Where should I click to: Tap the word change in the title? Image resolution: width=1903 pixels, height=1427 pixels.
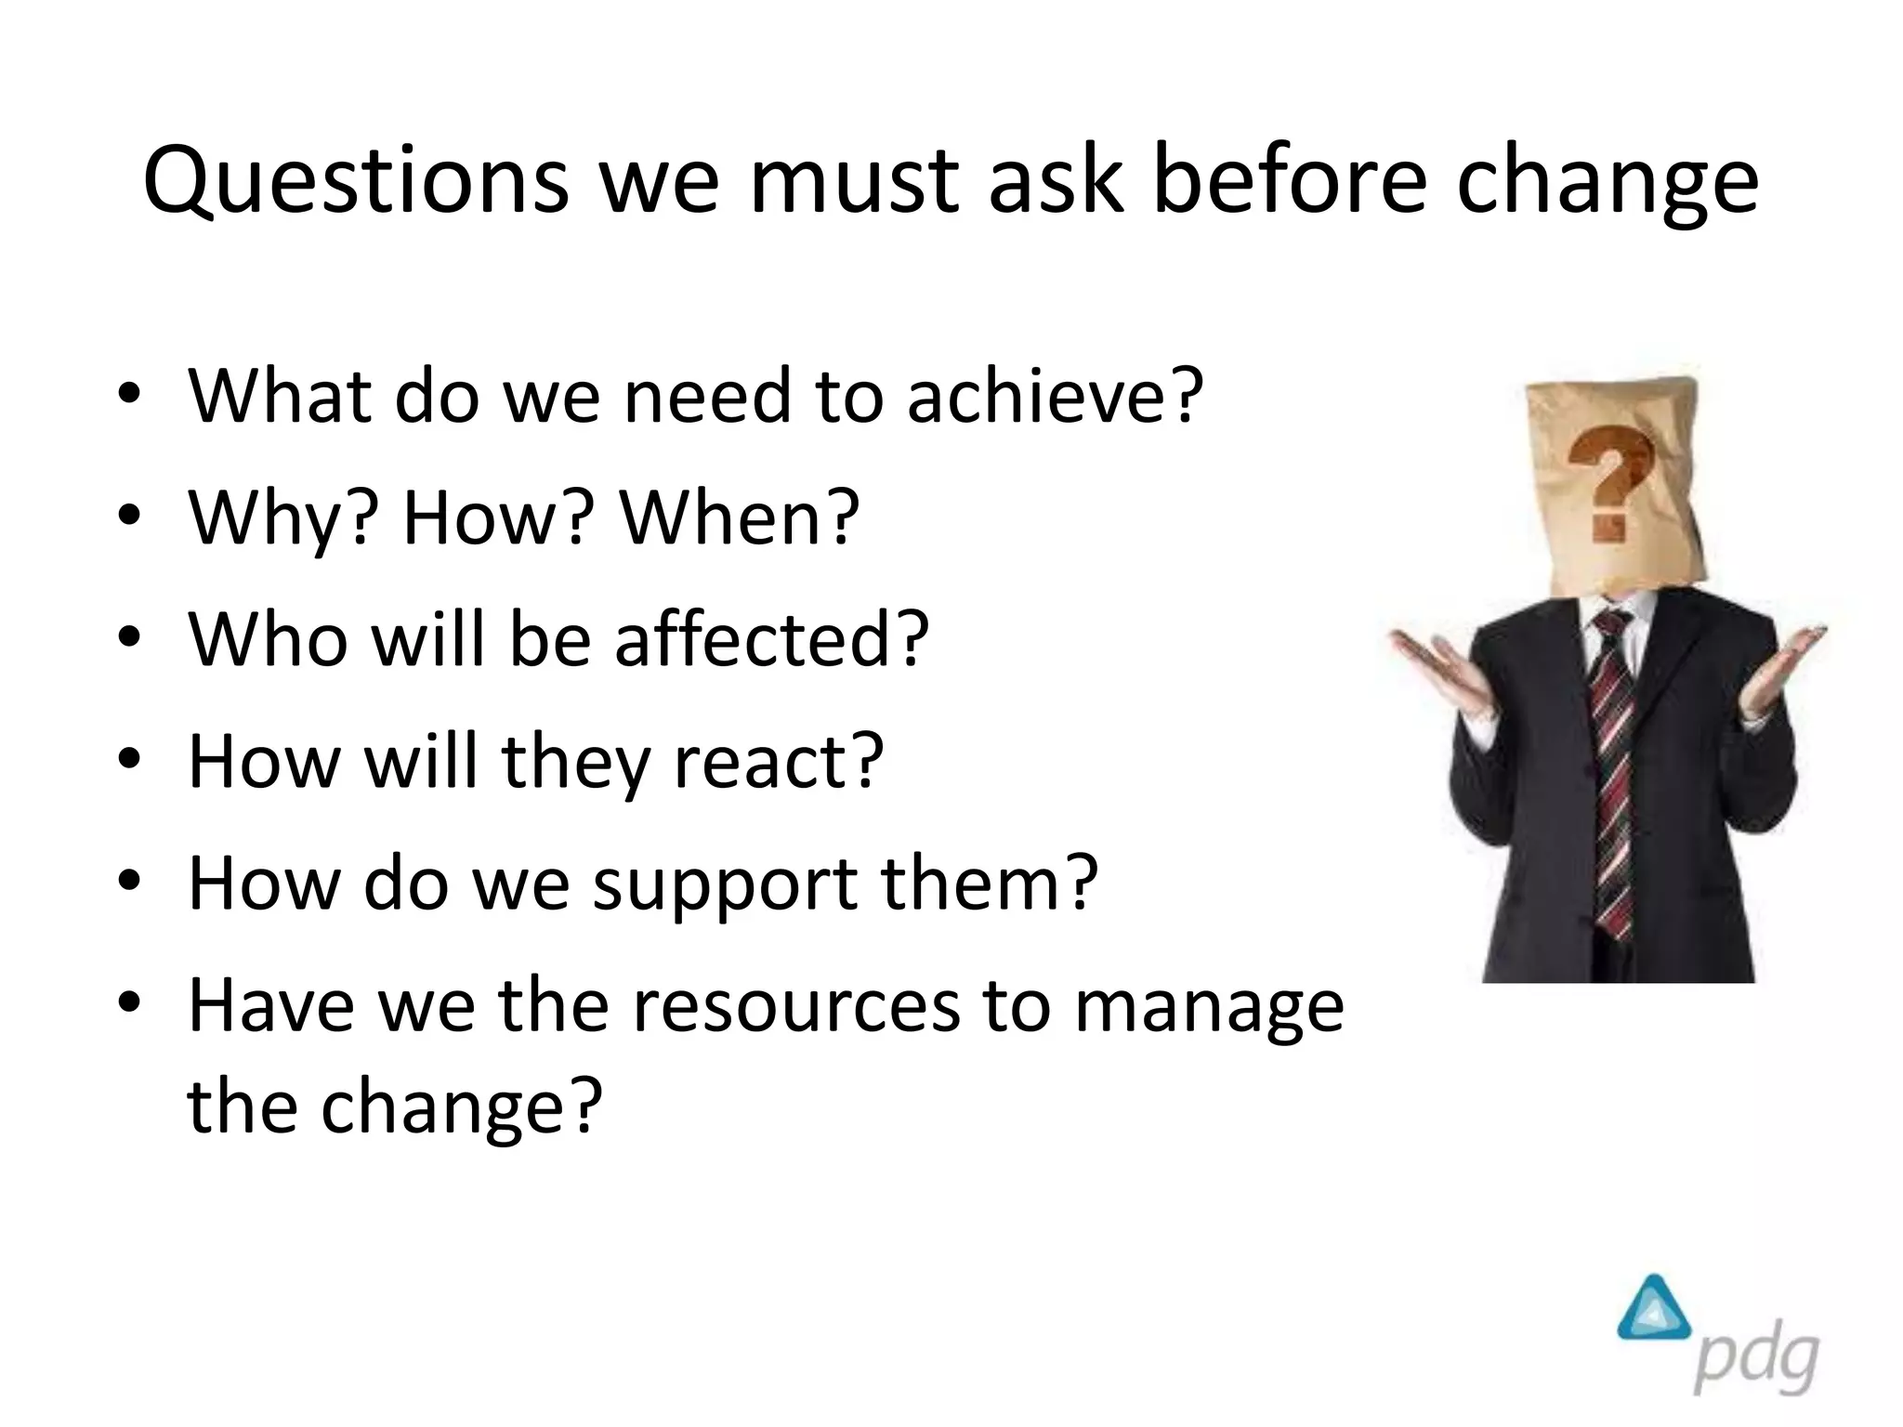[1607, 182]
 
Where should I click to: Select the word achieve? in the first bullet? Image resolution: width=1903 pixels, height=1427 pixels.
[1055, 397]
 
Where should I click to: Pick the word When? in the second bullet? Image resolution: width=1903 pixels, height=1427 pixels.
[740, 517]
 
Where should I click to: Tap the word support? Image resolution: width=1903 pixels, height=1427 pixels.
[725, 884]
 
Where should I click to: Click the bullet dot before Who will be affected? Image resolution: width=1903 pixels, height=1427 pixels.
[129, 639]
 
